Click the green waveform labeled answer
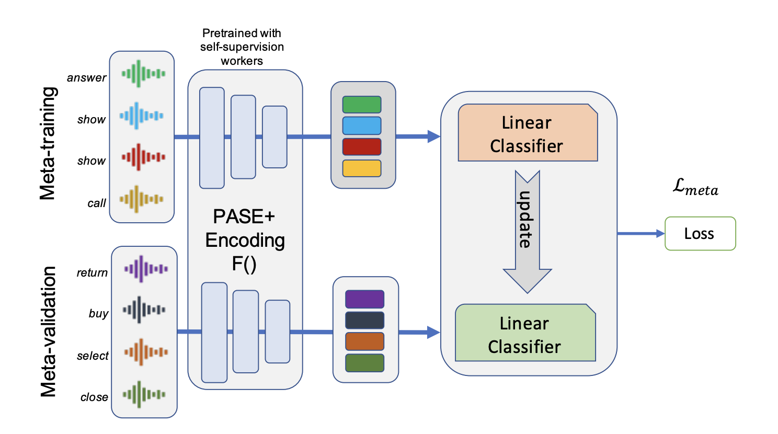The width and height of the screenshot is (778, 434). pyautogui.click(x=143, y=74)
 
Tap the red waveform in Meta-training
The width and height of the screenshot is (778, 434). pyautogui.click(x=143, y=157)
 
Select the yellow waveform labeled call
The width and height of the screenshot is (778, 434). pyautogui.click(x=141, y=199)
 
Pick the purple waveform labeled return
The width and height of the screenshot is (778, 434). pyautogui.click(x=146, y=269)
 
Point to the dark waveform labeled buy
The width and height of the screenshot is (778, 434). pyautogui.click(x=144, y=310)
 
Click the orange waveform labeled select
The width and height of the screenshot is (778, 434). pyautogui.click(x=146, y=352)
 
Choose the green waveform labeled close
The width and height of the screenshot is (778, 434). pyautogui.click(x=144, y=394)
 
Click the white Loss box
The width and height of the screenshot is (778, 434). pyautogui.click(x=700, y=234)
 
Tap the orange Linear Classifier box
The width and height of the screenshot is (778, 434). pyautogui.click(x=528, y=132)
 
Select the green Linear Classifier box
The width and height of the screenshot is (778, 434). pyautogui.click(x=525, y=333)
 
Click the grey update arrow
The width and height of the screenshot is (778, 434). pyautogui.click(x=527, y=232)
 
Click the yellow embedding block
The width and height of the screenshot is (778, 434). pyautogui.click(x=362, y=168)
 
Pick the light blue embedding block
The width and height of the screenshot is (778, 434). pyautogui.click(x=362, y=125)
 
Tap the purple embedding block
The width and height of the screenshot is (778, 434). pyautogui.click(x=365, y=299)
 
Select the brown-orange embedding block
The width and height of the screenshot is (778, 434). pyautogui.click(x=365, y=341)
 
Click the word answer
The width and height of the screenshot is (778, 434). pyautogui.click(x=86, y=77)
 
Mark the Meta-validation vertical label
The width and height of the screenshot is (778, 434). pyautogui.click(x=48, y=332)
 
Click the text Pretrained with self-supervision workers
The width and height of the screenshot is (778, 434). pyautogui.click(x=242, y=47)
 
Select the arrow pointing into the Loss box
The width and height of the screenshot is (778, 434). pyautogui.click(x=641, y=234)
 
